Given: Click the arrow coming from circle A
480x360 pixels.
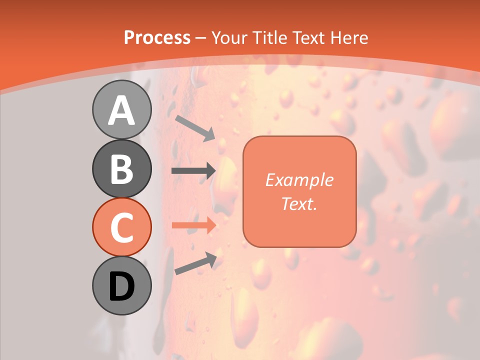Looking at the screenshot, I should (x=195, y=127).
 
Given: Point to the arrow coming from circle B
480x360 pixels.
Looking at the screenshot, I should (x=193, y=170).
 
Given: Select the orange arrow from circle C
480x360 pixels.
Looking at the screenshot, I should (x=193, y=225).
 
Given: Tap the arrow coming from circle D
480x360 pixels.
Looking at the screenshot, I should (x=195, y=263).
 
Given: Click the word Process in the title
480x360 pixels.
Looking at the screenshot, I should (x=157, y=37).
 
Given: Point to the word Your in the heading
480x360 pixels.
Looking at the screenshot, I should (x=230, y=37).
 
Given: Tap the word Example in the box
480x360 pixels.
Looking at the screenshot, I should (x=299, y=180).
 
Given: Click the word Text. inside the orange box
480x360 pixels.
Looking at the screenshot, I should (x=299, y=203).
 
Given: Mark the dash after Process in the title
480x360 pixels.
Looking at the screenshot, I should (x=201, y=38).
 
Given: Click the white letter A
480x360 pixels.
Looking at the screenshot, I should (x=122, y=110).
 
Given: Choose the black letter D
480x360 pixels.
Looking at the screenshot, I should (x=122, y=286).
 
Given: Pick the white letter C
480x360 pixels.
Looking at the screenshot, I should (x=122, y=228).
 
